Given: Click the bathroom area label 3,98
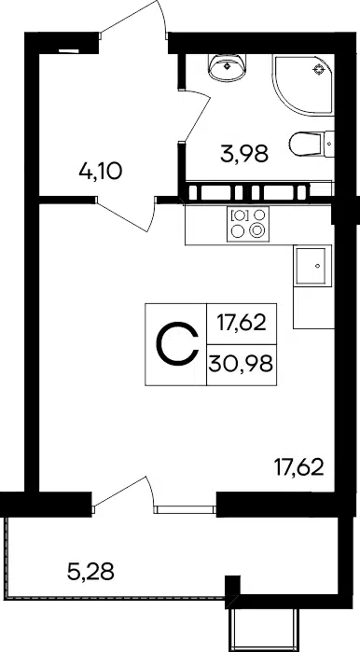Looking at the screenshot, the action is (x=244, y=153).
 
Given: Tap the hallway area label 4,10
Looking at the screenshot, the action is (x=100, y=171).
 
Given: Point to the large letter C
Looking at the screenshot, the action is (x=176, y=344).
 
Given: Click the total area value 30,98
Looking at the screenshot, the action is (x=242, y=365).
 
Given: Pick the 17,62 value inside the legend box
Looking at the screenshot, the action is (x=242, y=323).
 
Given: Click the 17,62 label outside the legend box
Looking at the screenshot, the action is (x=298, y=468).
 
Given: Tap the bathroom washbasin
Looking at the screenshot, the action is (x=227, y=67).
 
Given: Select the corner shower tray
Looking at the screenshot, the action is (x=303, y=85).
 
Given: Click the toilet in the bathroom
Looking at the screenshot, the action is (x=312, y=144).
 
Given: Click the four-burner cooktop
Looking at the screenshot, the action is (x=248, y=224).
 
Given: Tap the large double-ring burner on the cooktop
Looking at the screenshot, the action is (x=256, y=230).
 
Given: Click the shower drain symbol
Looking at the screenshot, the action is (x=319, y=69).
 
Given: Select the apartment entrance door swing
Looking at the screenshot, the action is (x=133, y=17).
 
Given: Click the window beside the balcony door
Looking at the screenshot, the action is (x=185, y=510).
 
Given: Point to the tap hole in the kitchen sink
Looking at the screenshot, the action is (x=318, y=266).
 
